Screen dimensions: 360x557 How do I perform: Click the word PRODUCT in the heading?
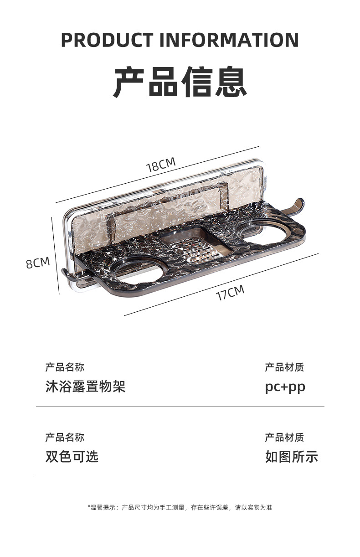point(107,40)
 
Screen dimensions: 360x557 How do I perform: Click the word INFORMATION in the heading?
point(229,40)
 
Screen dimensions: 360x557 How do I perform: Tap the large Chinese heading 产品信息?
point(180,82)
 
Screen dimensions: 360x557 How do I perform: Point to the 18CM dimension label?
point(161,165)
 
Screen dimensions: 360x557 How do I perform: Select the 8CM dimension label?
point(37,263)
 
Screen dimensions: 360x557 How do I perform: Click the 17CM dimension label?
point(230,293)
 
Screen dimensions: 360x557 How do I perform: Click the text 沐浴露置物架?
point(85,387)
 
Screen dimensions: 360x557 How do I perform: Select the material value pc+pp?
point(285,387)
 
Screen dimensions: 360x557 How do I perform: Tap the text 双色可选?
point(72,457)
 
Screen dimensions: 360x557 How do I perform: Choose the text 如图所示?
point(292,457)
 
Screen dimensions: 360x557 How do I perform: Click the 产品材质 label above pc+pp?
point(284,367)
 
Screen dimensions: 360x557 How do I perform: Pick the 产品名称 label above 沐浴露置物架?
point(65,367)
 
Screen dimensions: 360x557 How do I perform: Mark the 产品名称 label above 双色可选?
point(65,438)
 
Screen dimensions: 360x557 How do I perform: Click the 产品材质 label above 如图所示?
point(284,438)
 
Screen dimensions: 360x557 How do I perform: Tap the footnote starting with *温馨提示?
point(180,507)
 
